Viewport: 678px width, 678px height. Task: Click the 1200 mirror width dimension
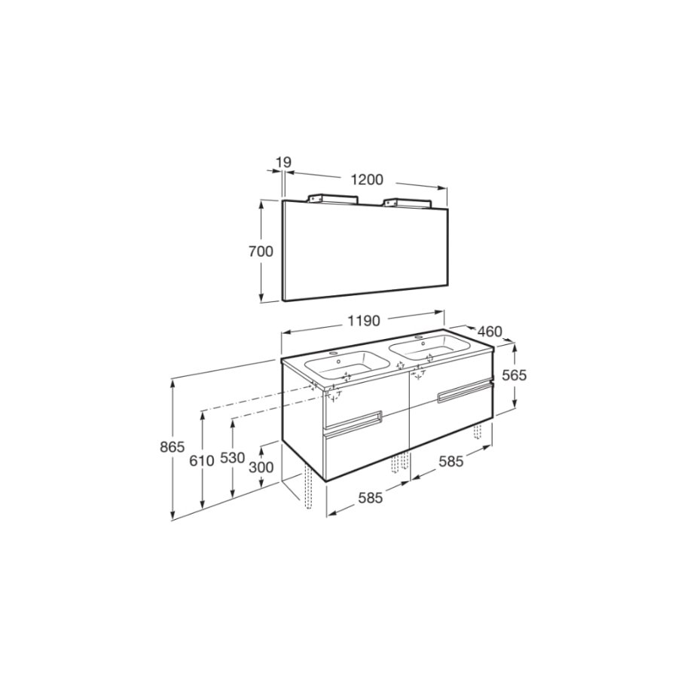click(367, 179)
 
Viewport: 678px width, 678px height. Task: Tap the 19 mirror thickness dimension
click(284, 163)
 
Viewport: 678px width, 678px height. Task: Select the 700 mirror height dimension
click(261, 251)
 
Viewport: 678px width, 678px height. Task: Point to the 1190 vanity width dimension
click(364, 321)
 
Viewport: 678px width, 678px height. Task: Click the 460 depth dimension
click(490, 331)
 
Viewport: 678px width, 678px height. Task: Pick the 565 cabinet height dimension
click(514, 375)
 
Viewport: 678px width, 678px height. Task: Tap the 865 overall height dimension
click(172, 446)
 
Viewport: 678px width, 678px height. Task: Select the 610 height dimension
click(202, 461)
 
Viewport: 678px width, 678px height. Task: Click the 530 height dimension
click(233, 457)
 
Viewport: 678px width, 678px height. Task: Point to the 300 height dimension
click(261, 467)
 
